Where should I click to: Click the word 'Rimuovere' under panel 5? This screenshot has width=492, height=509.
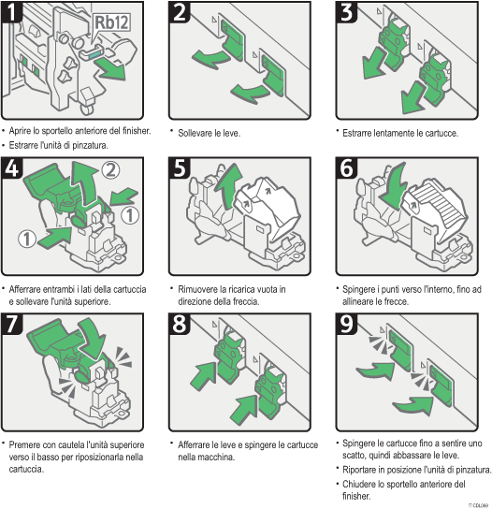tap(199, 289)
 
